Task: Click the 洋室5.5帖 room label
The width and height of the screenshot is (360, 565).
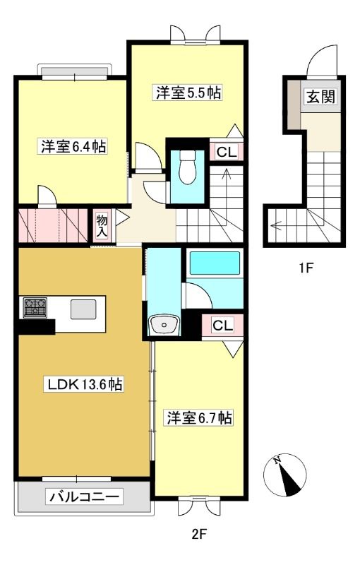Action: coord(188,93)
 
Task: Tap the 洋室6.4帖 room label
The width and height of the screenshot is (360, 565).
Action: coord(73,146)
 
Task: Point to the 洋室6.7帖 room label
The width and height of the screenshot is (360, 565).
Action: coord(199,417)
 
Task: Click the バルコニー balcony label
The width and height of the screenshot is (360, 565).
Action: coord(84,497)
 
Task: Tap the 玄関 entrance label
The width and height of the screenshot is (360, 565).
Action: coord(320,97)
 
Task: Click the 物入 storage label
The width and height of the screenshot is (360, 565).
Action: coord(102,225)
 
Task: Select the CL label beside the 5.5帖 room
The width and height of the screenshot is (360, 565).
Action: coord(227,152)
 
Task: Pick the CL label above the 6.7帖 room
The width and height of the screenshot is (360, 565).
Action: coord(223,326)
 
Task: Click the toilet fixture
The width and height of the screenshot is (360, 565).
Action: coord(187,167)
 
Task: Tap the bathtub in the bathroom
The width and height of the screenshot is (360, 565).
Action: coord(215,263)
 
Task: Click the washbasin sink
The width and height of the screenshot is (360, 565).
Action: coord(164,325)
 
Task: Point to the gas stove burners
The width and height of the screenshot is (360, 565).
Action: coord(35,308)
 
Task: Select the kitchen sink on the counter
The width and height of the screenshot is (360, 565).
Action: coord(83,309)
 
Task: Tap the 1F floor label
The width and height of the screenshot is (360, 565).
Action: coord(305,268)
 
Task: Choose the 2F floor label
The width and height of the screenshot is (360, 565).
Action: coord(199,534)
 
